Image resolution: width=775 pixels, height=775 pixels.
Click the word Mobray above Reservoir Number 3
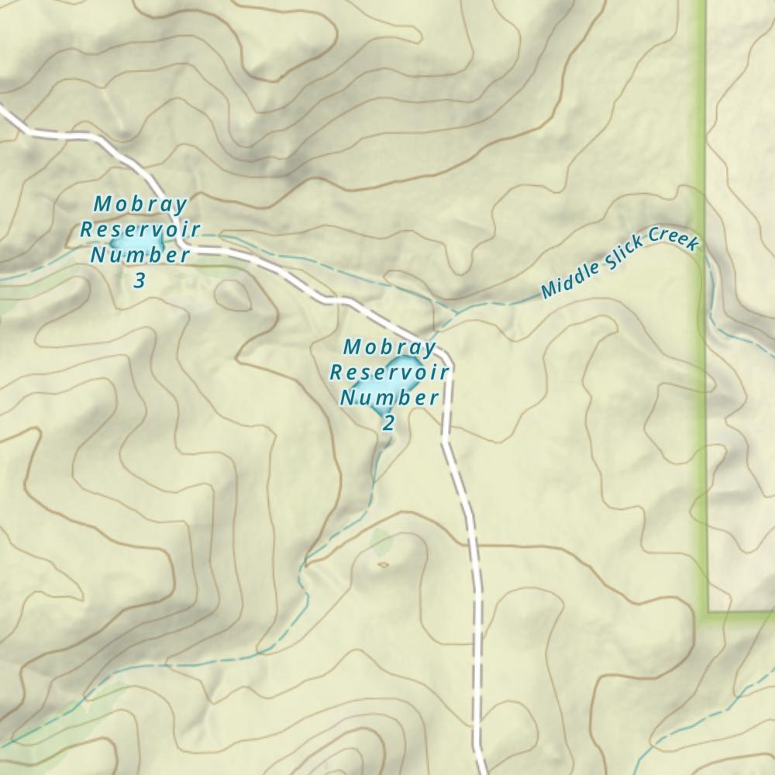pos(140,205)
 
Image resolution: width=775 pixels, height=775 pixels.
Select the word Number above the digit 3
pos(140,255)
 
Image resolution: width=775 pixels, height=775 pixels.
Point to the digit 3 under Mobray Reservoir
pos(139,280)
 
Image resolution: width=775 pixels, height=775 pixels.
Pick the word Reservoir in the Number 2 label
pos(390,372)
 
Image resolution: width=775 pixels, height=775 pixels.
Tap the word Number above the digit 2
pos(390,398)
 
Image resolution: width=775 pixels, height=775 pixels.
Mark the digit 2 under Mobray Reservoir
pos(388,422)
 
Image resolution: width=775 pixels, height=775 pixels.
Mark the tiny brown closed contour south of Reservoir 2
pos(383,564)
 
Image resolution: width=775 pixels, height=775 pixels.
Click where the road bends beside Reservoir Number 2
pos(444,358)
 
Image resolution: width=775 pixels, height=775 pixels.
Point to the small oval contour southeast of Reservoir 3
pos(232,294)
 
